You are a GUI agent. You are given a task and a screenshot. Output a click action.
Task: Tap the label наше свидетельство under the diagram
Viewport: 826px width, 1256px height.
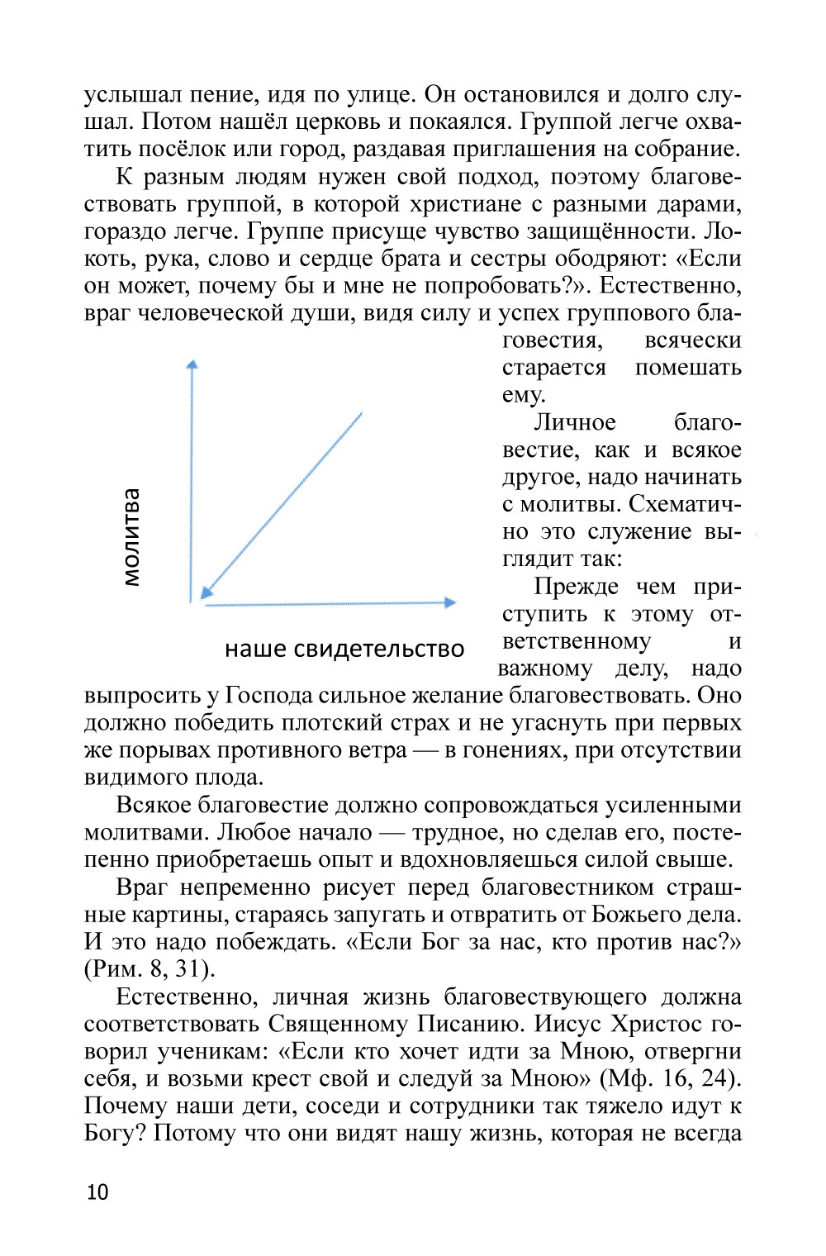click(x=344, y=649)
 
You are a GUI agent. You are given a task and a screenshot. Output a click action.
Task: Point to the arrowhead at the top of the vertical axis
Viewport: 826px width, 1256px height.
click(x=192, y=365)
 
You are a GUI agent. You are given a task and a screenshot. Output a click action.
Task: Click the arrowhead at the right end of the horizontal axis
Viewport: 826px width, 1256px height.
click(x=450, y=602)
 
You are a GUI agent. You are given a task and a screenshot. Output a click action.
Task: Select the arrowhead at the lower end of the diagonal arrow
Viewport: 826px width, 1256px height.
click(x=206, y=590)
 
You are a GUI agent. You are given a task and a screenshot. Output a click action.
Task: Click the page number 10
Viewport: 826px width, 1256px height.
click(x=97, y=1192)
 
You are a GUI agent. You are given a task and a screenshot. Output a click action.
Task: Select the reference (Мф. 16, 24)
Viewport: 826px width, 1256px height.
click(x=670, y=1078)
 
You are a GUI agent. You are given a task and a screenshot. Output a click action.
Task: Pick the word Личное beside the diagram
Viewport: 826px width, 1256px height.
click(x=575, y=422)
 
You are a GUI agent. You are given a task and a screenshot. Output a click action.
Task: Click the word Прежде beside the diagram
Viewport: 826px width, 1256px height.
click(x=576, y=587)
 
